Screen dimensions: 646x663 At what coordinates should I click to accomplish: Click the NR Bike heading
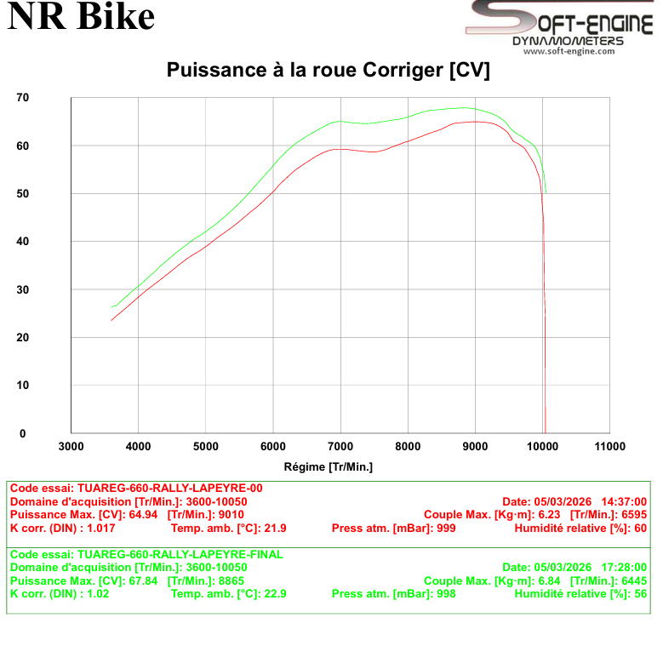(82, 17)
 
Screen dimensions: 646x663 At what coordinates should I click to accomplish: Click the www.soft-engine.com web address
(568, 51)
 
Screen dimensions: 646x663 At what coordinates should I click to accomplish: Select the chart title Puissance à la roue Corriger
(328, 70)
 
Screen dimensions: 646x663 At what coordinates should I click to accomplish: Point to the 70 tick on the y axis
(23, 98)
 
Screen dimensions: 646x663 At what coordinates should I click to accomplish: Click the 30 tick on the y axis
(23, 289)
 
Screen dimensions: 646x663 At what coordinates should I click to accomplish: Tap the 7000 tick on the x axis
(340, 446)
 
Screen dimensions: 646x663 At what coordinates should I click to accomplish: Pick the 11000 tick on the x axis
(609, 446)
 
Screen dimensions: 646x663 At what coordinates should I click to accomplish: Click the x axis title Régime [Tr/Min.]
(329, 466)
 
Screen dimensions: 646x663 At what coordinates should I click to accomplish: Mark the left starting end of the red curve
(111, 320)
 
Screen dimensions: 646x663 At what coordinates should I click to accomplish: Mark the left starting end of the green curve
(112, 306)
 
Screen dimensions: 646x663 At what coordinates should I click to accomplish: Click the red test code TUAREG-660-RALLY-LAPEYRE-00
(169, 489)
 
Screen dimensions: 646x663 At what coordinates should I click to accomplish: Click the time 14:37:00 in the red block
(625, 501)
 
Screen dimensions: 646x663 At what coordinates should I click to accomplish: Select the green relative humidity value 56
(640, 593)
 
